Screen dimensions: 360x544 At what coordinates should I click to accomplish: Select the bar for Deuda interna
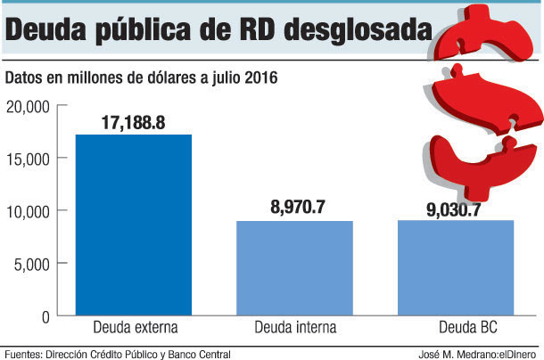(294, 267)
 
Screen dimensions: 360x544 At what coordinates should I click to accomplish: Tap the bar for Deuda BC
(456, 267)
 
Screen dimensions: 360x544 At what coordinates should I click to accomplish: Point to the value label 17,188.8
(133, 121)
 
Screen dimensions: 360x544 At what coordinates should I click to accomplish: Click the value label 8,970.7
(297, 207)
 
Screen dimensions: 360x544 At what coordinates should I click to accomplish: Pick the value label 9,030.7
(457, 210)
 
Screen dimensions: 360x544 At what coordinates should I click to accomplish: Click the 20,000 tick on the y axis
(27, 107)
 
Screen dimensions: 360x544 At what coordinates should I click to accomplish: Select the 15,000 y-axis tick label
(27, 159)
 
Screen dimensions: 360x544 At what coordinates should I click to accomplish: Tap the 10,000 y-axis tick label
(27, 211)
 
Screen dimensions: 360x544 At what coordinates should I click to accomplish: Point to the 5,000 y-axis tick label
(30, 264)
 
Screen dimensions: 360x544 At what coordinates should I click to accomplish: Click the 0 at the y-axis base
(44, 315)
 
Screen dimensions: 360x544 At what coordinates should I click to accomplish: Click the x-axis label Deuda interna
(295, 327)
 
